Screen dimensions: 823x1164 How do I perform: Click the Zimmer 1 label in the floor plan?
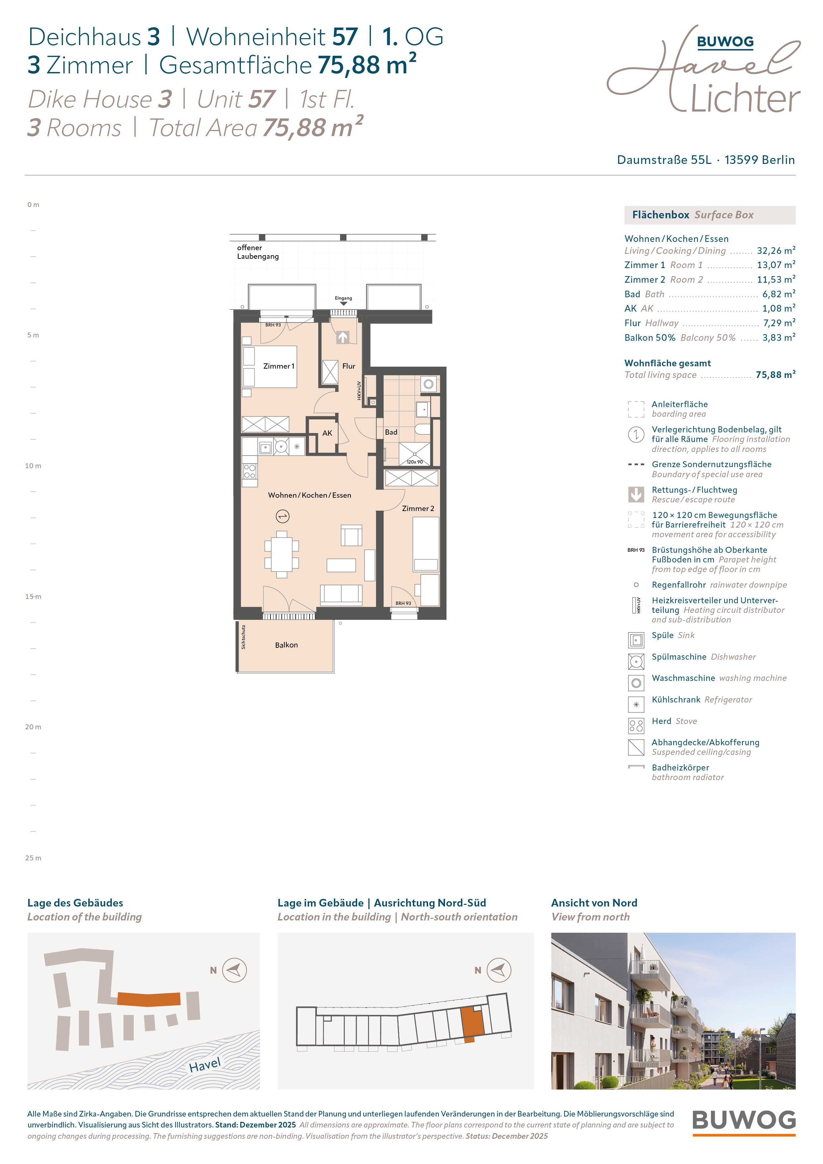tap(278, 366)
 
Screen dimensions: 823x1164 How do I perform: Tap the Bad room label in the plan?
tap(391, 432)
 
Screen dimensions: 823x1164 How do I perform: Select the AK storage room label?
tap(327, 433)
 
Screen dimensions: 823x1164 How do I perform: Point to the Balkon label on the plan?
tap(286, 645)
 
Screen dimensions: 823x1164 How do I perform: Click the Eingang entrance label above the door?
tap(343, 298)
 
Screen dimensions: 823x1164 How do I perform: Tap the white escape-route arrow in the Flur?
tap(343, 337)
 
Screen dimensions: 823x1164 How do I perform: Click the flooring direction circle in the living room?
tap(282, 517)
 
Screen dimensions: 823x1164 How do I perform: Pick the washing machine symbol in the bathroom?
tap(428, 384)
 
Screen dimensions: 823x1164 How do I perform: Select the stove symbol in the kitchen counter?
tap(250, 472)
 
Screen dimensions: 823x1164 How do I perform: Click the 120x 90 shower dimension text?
tap(414, 462)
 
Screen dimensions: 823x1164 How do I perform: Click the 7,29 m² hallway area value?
tap(779, 323)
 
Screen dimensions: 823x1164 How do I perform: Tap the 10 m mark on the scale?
tap(33, 466)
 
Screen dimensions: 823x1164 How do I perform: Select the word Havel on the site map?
tap(205, 1065)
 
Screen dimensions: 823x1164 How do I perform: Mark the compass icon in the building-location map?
tap(235, 970)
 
